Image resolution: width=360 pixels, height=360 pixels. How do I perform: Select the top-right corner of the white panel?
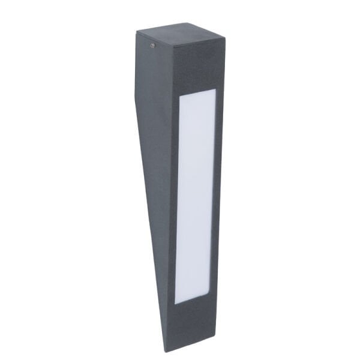[214, 91]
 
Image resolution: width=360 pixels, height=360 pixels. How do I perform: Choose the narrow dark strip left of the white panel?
[172, 198]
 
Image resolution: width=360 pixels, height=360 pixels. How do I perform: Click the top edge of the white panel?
[197, 94]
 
